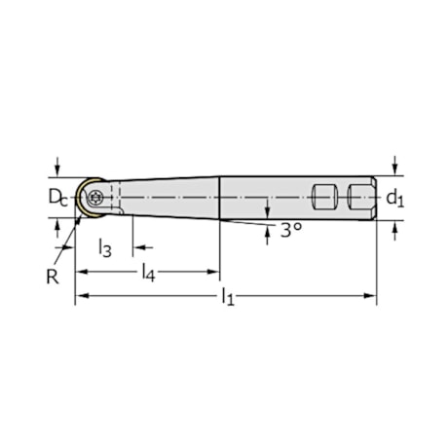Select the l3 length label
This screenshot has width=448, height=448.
[x=105, y=248]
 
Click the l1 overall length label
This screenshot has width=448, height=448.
[x=227, y=294]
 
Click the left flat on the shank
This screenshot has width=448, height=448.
[x=323, y=198]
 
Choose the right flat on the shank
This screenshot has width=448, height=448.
[x=359, y=198]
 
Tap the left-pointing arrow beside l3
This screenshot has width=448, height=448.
[x=137, y=248]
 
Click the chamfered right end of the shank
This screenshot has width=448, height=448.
[x=374, y=198]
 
